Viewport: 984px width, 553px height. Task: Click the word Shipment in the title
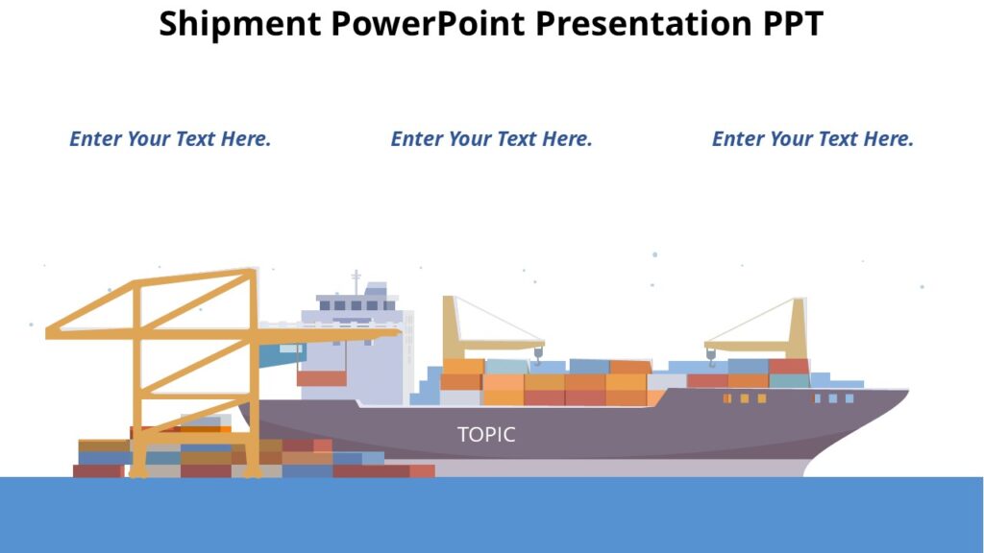[240, 23]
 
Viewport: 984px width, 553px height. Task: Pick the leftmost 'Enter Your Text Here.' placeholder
[170, 139]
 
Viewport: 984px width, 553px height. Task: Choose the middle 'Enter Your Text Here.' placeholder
[491, 139]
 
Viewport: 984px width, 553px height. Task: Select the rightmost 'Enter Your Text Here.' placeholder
[812, 139]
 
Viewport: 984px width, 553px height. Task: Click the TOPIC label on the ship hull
[486, 435]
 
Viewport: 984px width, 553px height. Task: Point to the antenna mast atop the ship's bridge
[356, 281]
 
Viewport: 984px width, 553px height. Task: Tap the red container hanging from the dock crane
[321, 378]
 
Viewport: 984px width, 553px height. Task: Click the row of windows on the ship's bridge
[357, 305]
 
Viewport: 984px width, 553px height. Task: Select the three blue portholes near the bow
[833, 398]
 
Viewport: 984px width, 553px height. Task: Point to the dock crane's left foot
[138, 471]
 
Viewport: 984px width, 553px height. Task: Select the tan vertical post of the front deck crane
[798, 327]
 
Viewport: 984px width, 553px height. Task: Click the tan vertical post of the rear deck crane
[450, 327]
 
